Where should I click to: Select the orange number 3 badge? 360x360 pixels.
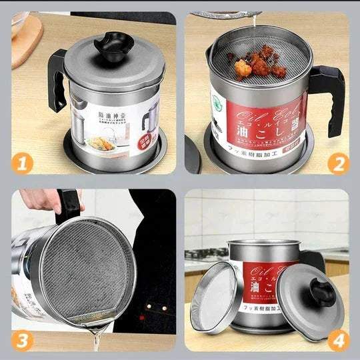point(22,340)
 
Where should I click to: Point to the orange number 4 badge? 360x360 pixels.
point(338,340)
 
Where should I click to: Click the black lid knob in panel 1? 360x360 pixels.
point(114,45)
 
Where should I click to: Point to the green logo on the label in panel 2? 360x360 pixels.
point(217,101)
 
